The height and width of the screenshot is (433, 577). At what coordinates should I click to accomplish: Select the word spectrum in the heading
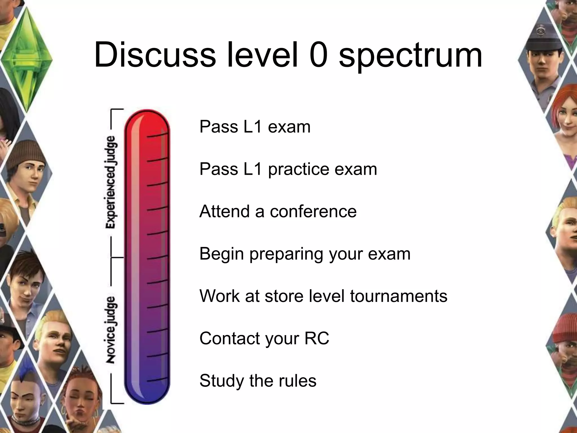pos(410,56)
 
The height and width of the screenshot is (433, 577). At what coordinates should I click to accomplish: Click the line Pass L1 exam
pos(255,127)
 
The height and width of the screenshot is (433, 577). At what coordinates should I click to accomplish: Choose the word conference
pos(313,211)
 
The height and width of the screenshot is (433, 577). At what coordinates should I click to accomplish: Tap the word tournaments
pos(398,296)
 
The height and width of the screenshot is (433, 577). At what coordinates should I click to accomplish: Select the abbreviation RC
pos(317,338)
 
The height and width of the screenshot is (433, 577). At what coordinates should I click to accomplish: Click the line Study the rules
pos(258,381)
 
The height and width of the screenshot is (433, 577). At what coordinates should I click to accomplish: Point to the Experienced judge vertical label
pos(111,182)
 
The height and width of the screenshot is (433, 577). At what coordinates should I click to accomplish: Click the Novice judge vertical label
pos(111,330)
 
